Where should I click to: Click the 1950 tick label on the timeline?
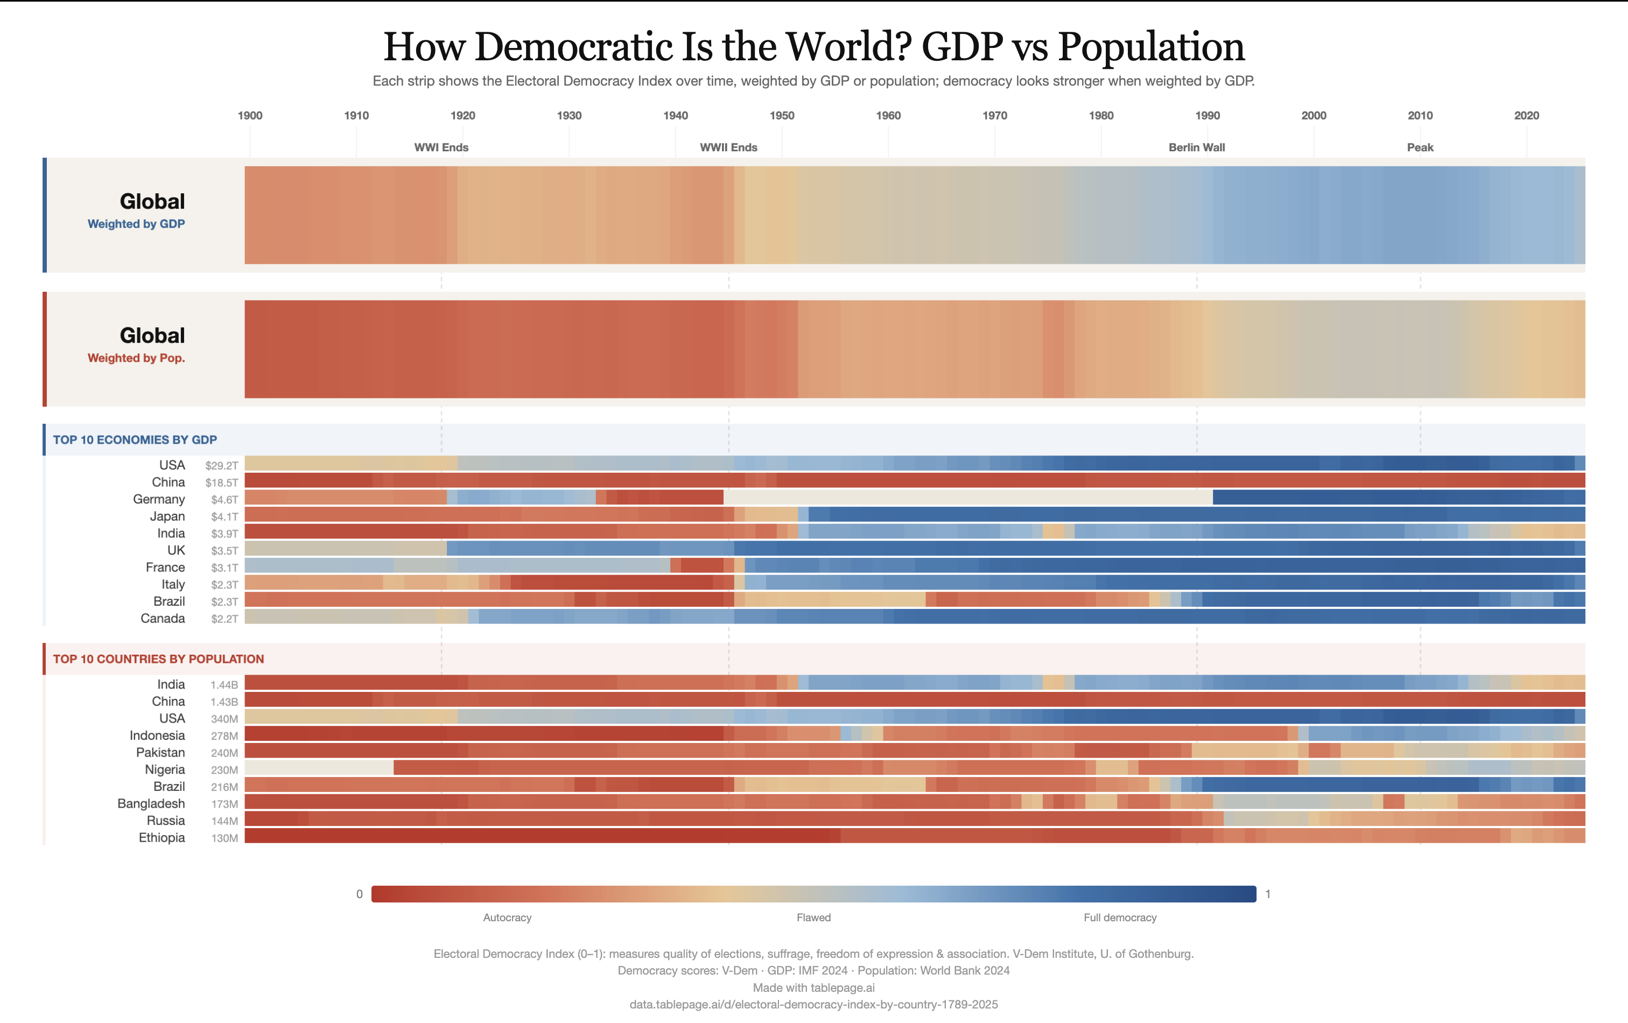[x=782, y=116]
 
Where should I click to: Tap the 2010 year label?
[x=1420, y=116]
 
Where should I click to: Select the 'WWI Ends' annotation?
[x=441, y=148]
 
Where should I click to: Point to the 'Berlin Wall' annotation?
[x=1196, y=148]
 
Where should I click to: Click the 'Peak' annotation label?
[x=1420, y=148]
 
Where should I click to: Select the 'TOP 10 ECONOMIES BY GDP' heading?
[x=135, y=439]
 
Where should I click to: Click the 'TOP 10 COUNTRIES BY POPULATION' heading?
[x=158, y=658]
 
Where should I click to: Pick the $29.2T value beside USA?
[x=222, y=466]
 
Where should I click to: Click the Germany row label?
[x=159, y=499]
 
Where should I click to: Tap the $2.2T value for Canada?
[x=224, y=619]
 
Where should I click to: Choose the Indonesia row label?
[x=157, y=735]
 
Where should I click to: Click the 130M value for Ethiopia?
[x=224, y=838]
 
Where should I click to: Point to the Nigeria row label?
[x=164, y=769]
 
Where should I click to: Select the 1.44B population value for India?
[x=224, y=685]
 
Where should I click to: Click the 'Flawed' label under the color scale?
[x=813, y=917]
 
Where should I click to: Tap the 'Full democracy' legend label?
[x=1120, y=917]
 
